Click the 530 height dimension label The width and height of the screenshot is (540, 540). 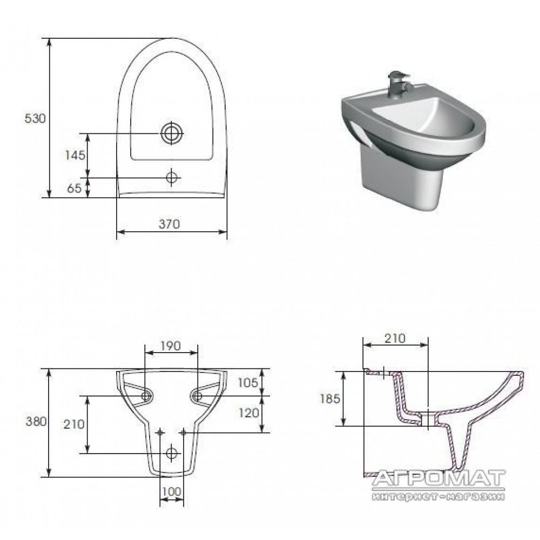tap(35, 118)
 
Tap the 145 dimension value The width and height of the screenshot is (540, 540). tap(75, 156)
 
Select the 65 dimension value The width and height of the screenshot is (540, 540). tap(75, 188)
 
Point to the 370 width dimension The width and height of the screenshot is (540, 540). tap(170, 224)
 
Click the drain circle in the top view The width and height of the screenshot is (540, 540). tap(172, 133)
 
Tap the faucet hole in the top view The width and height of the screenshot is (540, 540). tap(172, 178)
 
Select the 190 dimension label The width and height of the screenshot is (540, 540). tap(171, 346)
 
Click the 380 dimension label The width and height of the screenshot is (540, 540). tap(36, 421)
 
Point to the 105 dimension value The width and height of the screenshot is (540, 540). tap(248, 382)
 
